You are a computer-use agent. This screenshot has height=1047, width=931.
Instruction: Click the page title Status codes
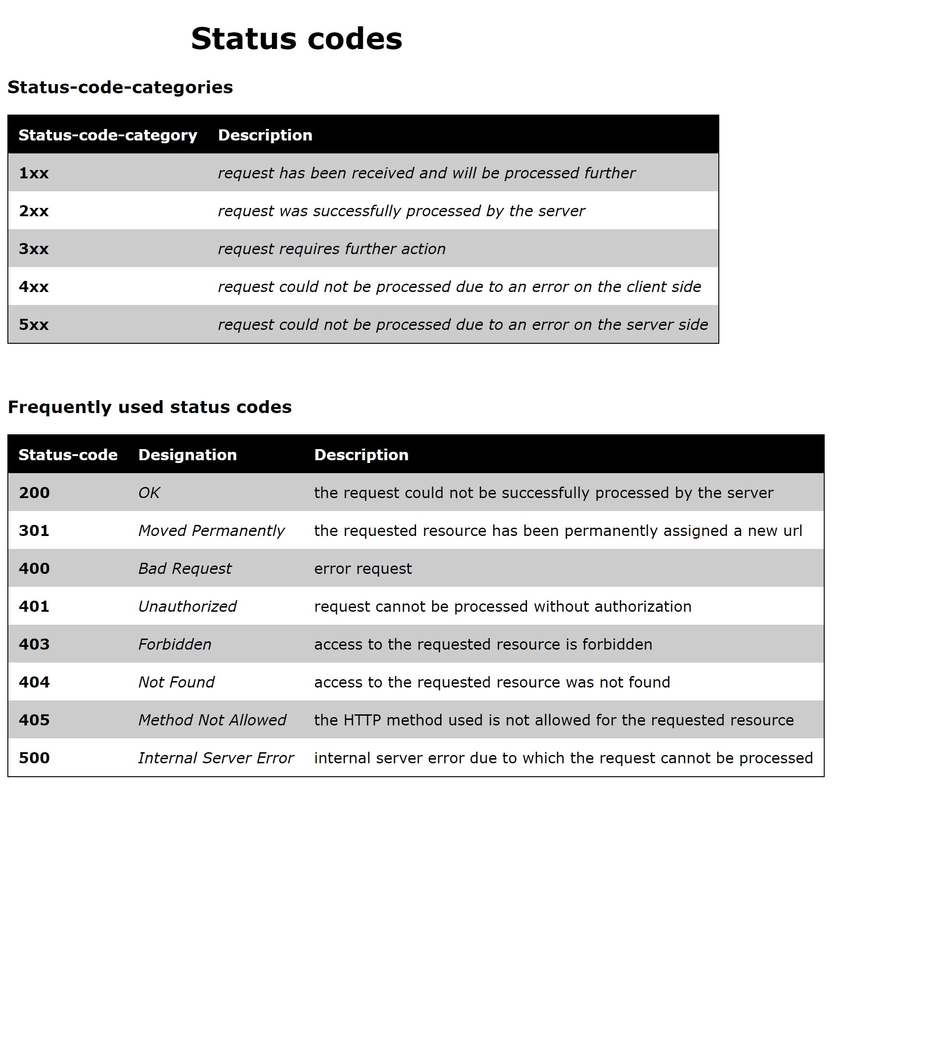coord(296,39)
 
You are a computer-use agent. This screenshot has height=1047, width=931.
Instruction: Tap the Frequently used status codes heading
coord(149,407)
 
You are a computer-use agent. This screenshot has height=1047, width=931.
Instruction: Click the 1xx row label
coord(34,173)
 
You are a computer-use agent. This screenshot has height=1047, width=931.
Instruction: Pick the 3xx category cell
coord(34,249)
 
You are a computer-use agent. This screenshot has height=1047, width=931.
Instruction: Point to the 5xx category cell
coord(34,325)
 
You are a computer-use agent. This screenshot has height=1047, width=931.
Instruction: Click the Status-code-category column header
coord(108,135)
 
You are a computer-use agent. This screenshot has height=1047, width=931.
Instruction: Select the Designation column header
coord(188,455)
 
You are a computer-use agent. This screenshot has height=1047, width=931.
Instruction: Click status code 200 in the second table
coord(34,493)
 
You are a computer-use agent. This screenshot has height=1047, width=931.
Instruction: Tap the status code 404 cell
coord(34,682)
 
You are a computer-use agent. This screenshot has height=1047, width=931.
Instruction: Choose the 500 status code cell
coord(34,758)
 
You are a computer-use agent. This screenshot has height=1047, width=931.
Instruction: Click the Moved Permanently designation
coord(211,531)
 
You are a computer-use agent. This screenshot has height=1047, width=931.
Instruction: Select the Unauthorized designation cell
coord(188,607)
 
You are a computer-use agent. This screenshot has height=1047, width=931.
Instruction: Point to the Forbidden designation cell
coord(175,645)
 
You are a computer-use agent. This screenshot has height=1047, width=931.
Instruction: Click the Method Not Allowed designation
coord(212,720)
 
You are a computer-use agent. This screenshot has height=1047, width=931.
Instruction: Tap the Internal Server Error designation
coord(216,758)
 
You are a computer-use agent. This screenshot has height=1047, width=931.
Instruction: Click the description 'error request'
coord(363,569)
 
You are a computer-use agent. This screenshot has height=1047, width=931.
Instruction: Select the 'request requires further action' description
coord(331,249)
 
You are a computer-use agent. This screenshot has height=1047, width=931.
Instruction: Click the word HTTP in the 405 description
coord(362,720)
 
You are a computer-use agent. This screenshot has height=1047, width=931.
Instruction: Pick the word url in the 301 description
coord(792,531)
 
